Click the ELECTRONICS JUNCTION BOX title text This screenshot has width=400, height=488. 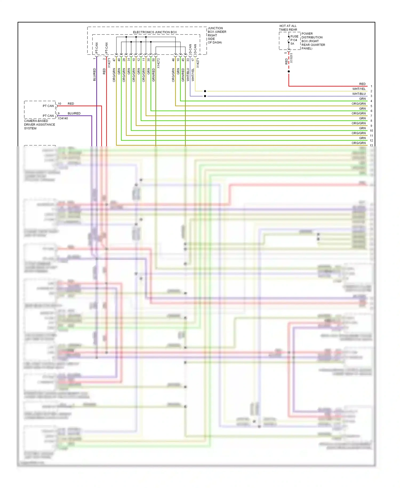coord(155,32)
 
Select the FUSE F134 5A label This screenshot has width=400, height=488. coord(294,40)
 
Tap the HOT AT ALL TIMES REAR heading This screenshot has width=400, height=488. coord(288,28)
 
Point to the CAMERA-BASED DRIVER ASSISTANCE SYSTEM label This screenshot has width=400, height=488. coord(39,125)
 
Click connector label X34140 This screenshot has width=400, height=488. coord(63,118)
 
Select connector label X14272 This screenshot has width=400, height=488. coord(158,63)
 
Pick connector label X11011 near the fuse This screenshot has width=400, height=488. coord(291,58)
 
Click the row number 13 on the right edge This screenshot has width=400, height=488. coord(371,145)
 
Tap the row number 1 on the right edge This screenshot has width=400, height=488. coord(371,86)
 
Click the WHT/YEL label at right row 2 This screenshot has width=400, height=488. coord(359,89)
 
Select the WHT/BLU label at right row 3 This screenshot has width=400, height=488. coord(359,94)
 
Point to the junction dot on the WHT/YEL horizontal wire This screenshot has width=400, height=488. coord(205,91)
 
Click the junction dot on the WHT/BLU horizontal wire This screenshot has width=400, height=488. coord(205,96)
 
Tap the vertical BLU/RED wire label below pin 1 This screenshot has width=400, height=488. coord(94,74)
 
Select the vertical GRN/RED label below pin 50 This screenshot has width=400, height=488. coord(154,75)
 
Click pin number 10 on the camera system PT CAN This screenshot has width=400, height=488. coord(59,104)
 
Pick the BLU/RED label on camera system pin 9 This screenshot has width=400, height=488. coord(74,113)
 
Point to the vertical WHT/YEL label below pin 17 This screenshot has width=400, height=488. coord(193,75)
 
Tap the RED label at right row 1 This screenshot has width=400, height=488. coord(362,84)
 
